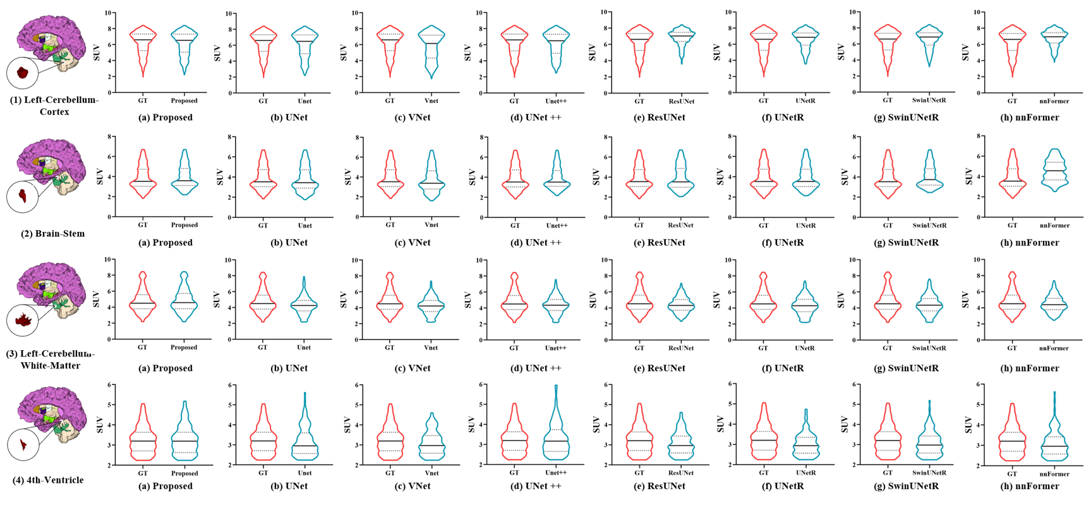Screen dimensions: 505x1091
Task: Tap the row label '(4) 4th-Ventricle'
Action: tap(48, 480)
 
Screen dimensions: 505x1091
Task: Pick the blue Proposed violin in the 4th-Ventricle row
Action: tap(184, 436)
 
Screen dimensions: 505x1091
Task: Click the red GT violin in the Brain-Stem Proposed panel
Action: tap(143, 180)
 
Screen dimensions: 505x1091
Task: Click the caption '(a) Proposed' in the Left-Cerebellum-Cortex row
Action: tap(166, 117)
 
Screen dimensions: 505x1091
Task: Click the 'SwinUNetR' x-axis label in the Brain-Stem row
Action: tap(929, 225)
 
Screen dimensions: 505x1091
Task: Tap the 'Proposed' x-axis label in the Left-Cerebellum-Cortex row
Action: tap(184, 100)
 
